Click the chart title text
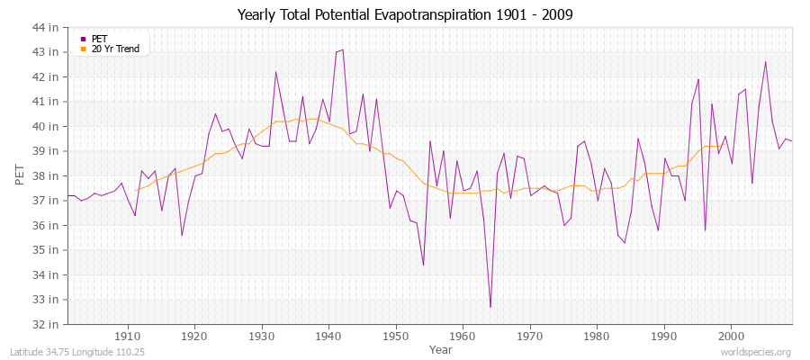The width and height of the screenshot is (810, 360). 405,15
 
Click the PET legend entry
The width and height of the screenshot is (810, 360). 99,39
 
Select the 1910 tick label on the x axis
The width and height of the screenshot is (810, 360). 127,336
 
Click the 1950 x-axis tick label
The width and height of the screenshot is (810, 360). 395,336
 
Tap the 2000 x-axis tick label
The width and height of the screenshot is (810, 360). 731,336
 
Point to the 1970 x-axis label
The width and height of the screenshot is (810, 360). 529,336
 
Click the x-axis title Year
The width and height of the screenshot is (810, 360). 441,348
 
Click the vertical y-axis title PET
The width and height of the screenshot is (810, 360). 20,175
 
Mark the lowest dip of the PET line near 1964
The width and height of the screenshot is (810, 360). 490,307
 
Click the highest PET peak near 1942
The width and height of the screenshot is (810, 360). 342,49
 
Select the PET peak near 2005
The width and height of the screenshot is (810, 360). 765,62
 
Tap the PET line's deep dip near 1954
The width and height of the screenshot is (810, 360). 423,265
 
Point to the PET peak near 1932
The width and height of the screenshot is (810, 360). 275,72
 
